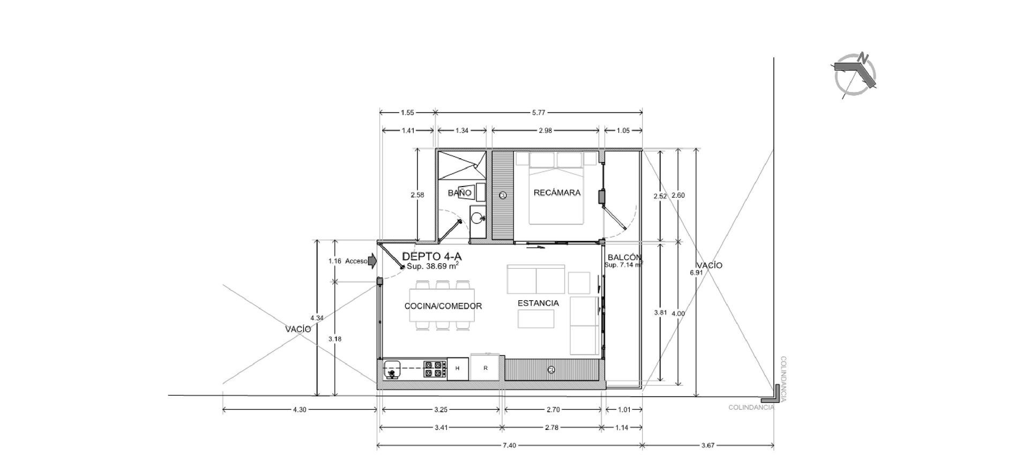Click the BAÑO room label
pos(460,193)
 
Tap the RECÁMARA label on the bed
pos(557,193)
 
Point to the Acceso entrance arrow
pos(373,261)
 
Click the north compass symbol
pos(855,76)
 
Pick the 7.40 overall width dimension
pos(510,445)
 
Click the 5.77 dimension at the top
pos(539,113)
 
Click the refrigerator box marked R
pos(486,367)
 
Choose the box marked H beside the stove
pos(457,368)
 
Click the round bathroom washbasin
pos(476,218)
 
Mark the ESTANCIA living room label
pos(538,303)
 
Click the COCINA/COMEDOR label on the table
pos(443,306)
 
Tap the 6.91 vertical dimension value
pos(696,272)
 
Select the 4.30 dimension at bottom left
pos(300,410)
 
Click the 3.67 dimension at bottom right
pos(707,445)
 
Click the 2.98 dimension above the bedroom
pos(545,130)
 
